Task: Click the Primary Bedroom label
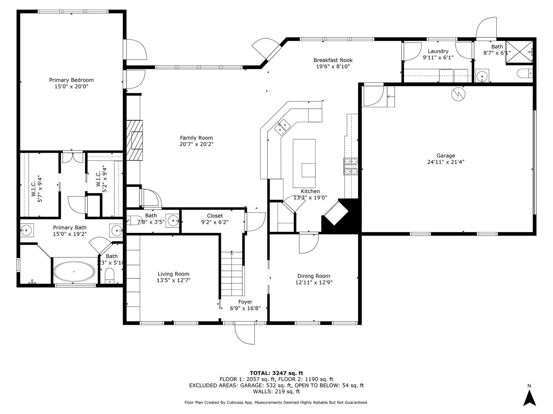71,80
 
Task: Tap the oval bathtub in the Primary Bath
74,272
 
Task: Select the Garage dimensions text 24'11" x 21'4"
446,162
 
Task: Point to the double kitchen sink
282,126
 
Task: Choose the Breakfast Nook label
333,60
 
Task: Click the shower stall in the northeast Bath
519,52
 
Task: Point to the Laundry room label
438,51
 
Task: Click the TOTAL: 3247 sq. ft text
276,373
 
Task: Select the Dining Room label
313,276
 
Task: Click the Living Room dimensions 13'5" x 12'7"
174,280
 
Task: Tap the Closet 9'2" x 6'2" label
215,216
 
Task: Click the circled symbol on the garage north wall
459,94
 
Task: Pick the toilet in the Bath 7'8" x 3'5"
129,220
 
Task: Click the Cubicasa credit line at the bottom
276,402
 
